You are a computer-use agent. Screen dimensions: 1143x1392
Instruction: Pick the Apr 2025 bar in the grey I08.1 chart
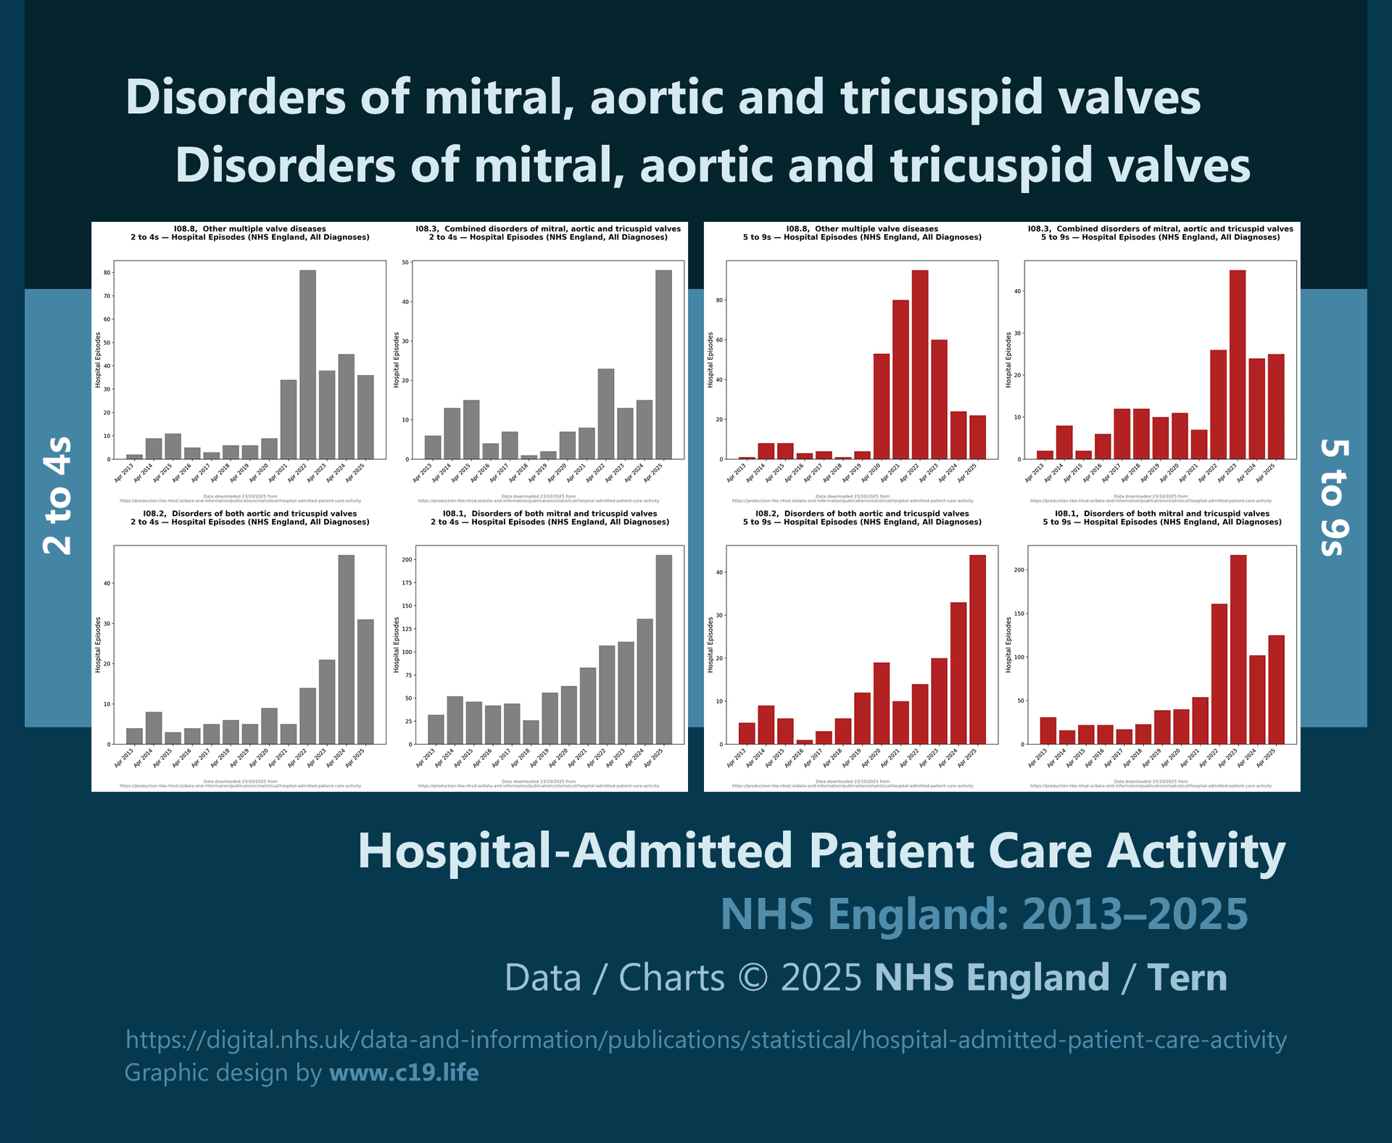point(663,650)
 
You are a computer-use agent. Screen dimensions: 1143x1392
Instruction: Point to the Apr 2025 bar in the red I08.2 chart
point(977,650)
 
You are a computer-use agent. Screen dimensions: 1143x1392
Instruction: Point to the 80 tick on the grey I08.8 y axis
point(107,273)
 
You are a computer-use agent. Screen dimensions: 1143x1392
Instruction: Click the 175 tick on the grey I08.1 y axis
point(407,583)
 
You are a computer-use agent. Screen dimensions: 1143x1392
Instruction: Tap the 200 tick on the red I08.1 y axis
point(1019,570)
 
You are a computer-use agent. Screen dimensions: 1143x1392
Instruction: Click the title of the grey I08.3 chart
point(548,233)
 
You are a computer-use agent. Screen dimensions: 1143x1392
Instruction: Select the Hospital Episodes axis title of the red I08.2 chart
point(710,645)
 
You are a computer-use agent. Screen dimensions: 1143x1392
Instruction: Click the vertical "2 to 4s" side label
point(58,496)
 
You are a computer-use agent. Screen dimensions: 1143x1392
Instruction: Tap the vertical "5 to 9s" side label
point(1334,498)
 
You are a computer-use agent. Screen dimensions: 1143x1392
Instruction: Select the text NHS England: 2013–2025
point(984,914)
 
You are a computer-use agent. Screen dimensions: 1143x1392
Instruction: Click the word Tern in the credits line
point(1187,978)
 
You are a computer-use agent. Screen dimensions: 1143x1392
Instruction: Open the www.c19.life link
point(404,1073)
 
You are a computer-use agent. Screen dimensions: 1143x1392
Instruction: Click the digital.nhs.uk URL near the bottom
point(705,1040)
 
